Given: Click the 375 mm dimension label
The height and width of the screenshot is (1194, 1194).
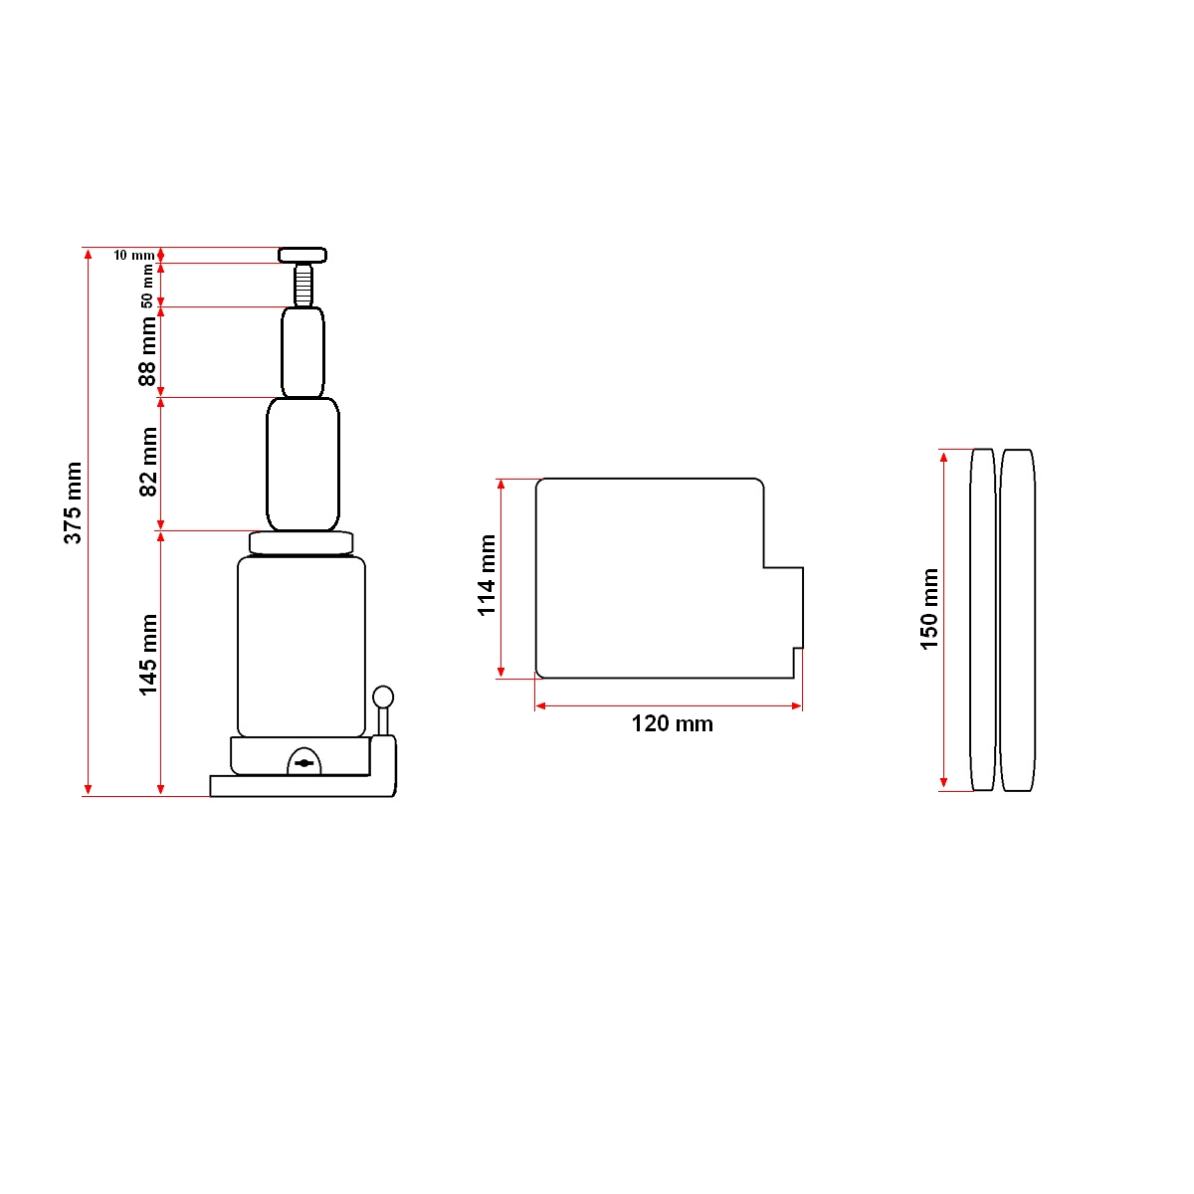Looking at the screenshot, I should point(73,503).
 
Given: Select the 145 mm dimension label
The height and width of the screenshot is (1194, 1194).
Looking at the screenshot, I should point(148,655).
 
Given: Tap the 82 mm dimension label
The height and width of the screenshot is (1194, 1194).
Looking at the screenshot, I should point(148,462).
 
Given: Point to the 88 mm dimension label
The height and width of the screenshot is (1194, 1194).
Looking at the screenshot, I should point(147,351).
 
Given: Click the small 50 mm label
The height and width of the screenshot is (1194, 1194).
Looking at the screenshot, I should point(147,286).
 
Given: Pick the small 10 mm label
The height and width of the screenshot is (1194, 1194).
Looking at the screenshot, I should point(133,256).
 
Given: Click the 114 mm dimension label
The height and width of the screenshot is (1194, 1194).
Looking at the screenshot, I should point(487,575).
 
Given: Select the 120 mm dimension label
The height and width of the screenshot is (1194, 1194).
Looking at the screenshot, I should point(672,724).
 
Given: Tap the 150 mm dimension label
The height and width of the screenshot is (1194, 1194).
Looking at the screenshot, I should point(929,609).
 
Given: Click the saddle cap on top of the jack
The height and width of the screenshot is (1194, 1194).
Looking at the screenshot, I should point(302,255).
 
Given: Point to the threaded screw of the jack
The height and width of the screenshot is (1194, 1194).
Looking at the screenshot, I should point(302,285).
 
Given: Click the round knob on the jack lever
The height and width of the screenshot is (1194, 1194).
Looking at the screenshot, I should point(383,696).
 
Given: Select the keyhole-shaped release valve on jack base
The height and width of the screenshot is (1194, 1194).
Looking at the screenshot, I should point(304,762).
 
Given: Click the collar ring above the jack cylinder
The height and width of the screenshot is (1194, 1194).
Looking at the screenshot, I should point(301,542).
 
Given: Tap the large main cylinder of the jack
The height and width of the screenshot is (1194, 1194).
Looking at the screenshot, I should point(301,647).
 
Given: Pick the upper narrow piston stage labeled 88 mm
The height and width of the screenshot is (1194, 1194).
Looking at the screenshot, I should point(302,352).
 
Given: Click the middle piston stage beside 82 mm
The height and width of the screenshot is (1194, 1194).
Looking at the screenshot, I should point(302,464).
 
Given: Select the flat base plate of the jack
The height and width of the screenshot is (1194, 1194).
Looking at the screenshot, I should point(298,786).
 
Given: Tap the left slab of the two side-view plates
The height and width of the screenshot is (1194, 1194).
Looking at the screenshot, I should point(982,619).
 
